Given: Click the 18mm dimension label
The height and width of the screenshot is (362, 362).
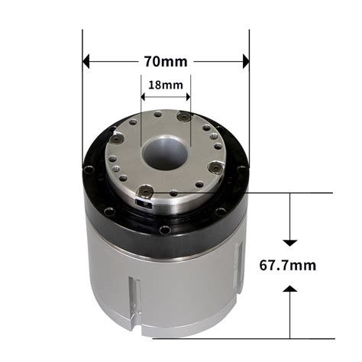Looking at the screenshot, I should point(166,85).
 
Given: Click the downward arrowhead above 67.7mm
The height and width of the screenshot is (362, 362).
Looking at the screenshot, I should point(289,241).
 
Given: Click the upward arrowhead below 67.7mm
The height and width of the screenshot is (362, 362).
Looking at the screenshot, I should point(289,289).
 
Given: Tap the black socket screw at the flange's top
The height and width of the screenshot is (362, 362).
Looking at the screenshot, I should point(183,117).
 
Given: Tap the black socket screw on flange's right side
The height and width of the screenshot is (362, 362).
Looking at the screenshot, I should point(216,168).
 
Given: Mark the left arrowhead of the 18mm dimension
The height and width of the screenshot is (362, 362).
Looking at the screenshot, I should point(144,97).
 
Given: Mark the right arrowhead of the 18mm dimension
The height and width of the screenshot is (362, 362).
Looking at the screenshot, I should point(188,97).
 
